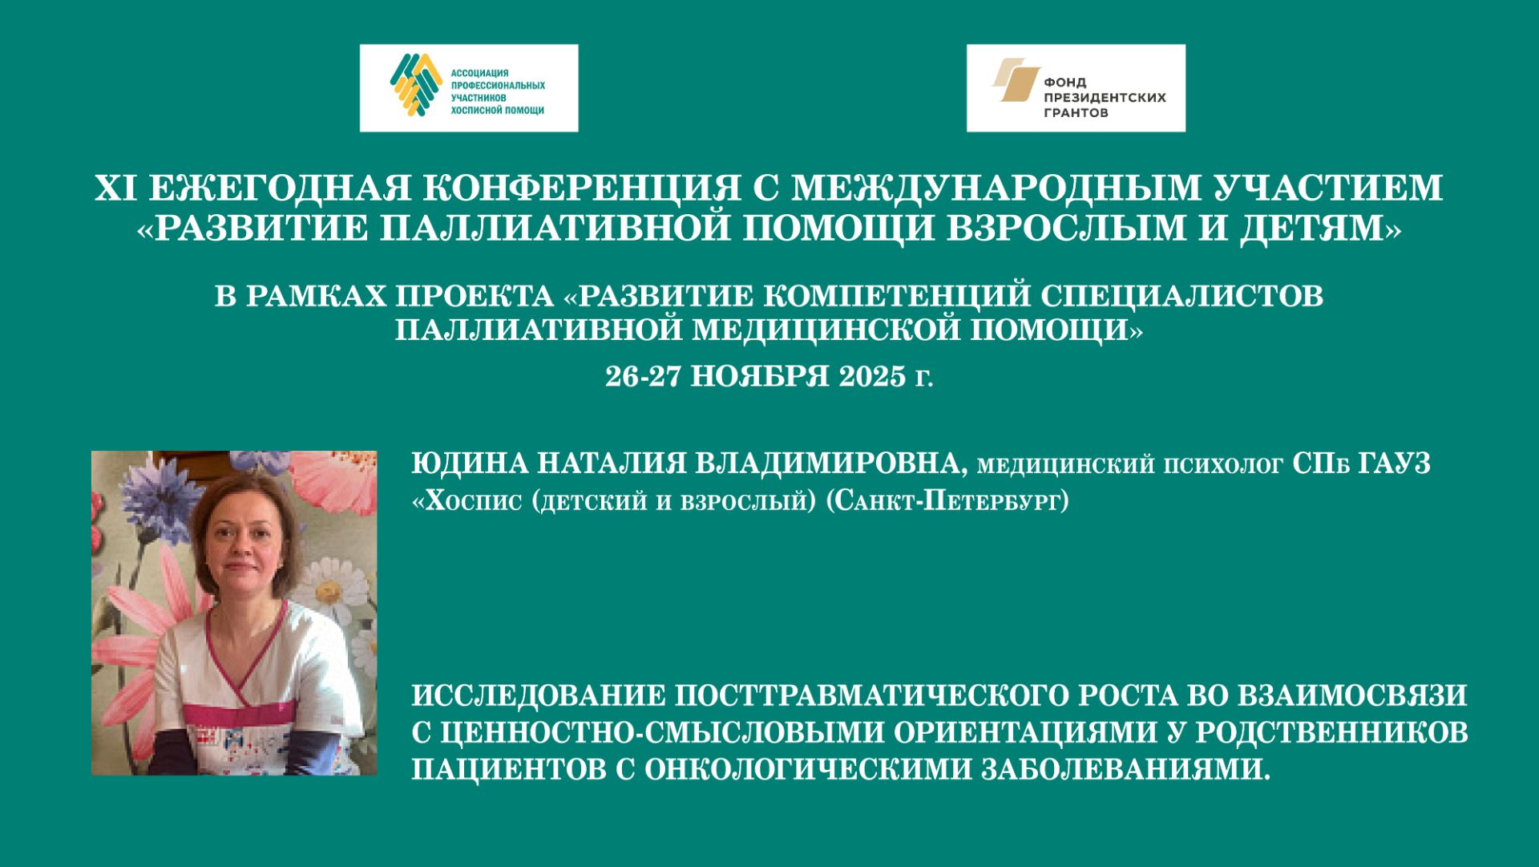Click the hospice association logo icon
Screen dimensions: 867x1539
[416, 84]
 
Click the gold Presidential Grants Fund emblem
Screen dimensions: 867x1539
[1016, 80]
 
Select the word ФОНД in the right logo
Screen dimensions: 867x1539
[1064, 82]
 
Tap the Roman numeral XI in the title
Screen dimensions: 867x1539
[115, 188]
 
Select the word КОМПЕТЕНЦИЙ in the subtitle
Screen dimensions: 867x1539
[896, 296]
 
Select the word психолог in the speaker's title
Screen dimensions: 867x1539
[1223, 464]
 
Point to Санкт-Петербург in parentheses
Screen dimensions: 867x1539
[947, 501]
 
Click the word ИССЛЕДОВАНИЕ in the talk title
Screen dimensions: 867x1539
[538, 695]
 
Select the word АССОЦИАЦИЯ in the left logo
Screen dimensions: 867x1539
[479, 73]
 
